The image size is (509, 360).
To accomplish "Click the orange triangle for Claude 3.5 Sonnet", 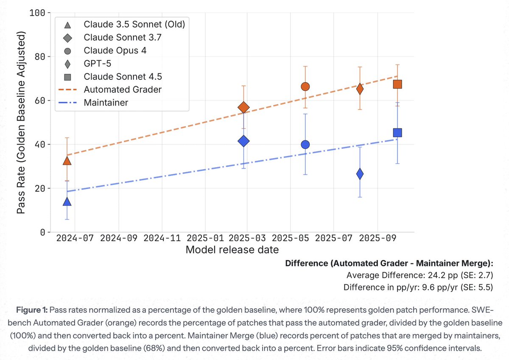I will (x=67, y=161).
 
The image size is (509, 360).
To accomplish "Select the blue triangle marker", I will (x=67, y=201).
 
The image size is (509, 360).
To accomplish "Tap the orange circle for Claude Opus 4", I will (x=305, y=87).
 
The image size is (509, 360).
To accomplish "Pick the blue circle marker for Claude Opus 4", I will (x=305, y=145).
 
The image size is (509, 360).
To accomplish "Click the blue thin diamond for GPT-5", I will (x=360, y=174).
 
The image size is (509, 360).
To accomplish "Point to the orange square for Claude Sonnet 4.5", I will (x=397, y=84).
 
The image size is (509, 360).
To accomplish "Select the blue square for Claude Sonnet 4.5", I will (x=397, y=133).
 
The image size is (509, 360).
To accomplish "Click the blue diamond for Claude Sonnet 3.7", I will (x=243, y=141).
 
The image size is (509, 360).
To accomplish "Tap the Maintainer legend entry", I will (x=106, y=103).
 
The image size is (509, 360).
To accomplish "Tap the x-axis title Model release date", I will (x=232, y=249).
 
